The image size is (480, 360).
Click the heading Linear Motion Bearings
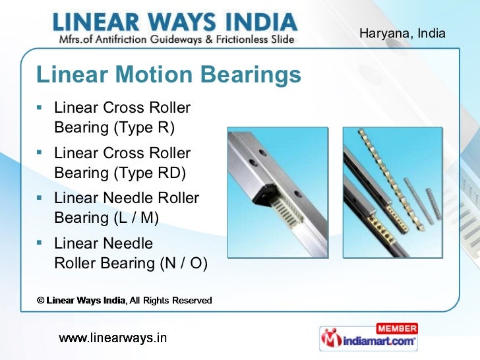(169, 75)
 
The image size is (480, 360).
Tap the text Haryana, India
(402, 33)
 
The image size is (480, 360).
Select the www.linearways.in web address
(113, 339)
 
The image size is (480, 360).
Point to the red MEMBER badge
(396, 328)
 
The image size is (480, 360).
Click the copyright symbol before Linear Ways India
(40, 301)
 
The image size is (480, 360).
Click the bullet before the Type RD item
(41, 152)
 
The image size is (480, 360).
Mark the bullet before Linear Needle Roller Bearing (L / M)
(41, 197)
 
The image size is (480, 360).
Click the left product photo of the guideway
(277, 197)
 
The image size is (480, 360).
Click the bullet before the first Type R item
(41, 107)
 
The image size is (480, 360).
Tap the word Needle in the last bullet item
(125, 244)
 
